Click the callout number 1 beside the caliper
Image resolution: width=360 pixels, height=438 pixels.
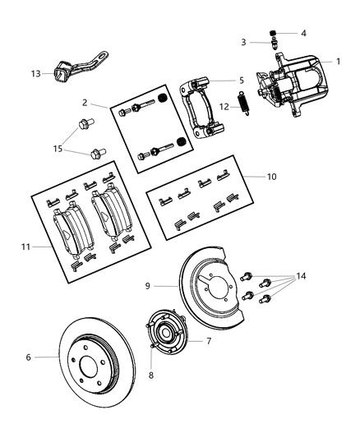[337, 62]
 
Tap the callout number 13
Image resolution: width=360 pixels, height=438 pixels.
[35, 73]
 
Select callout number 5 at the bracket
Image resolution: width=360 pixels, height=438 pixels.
[241, 81]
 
